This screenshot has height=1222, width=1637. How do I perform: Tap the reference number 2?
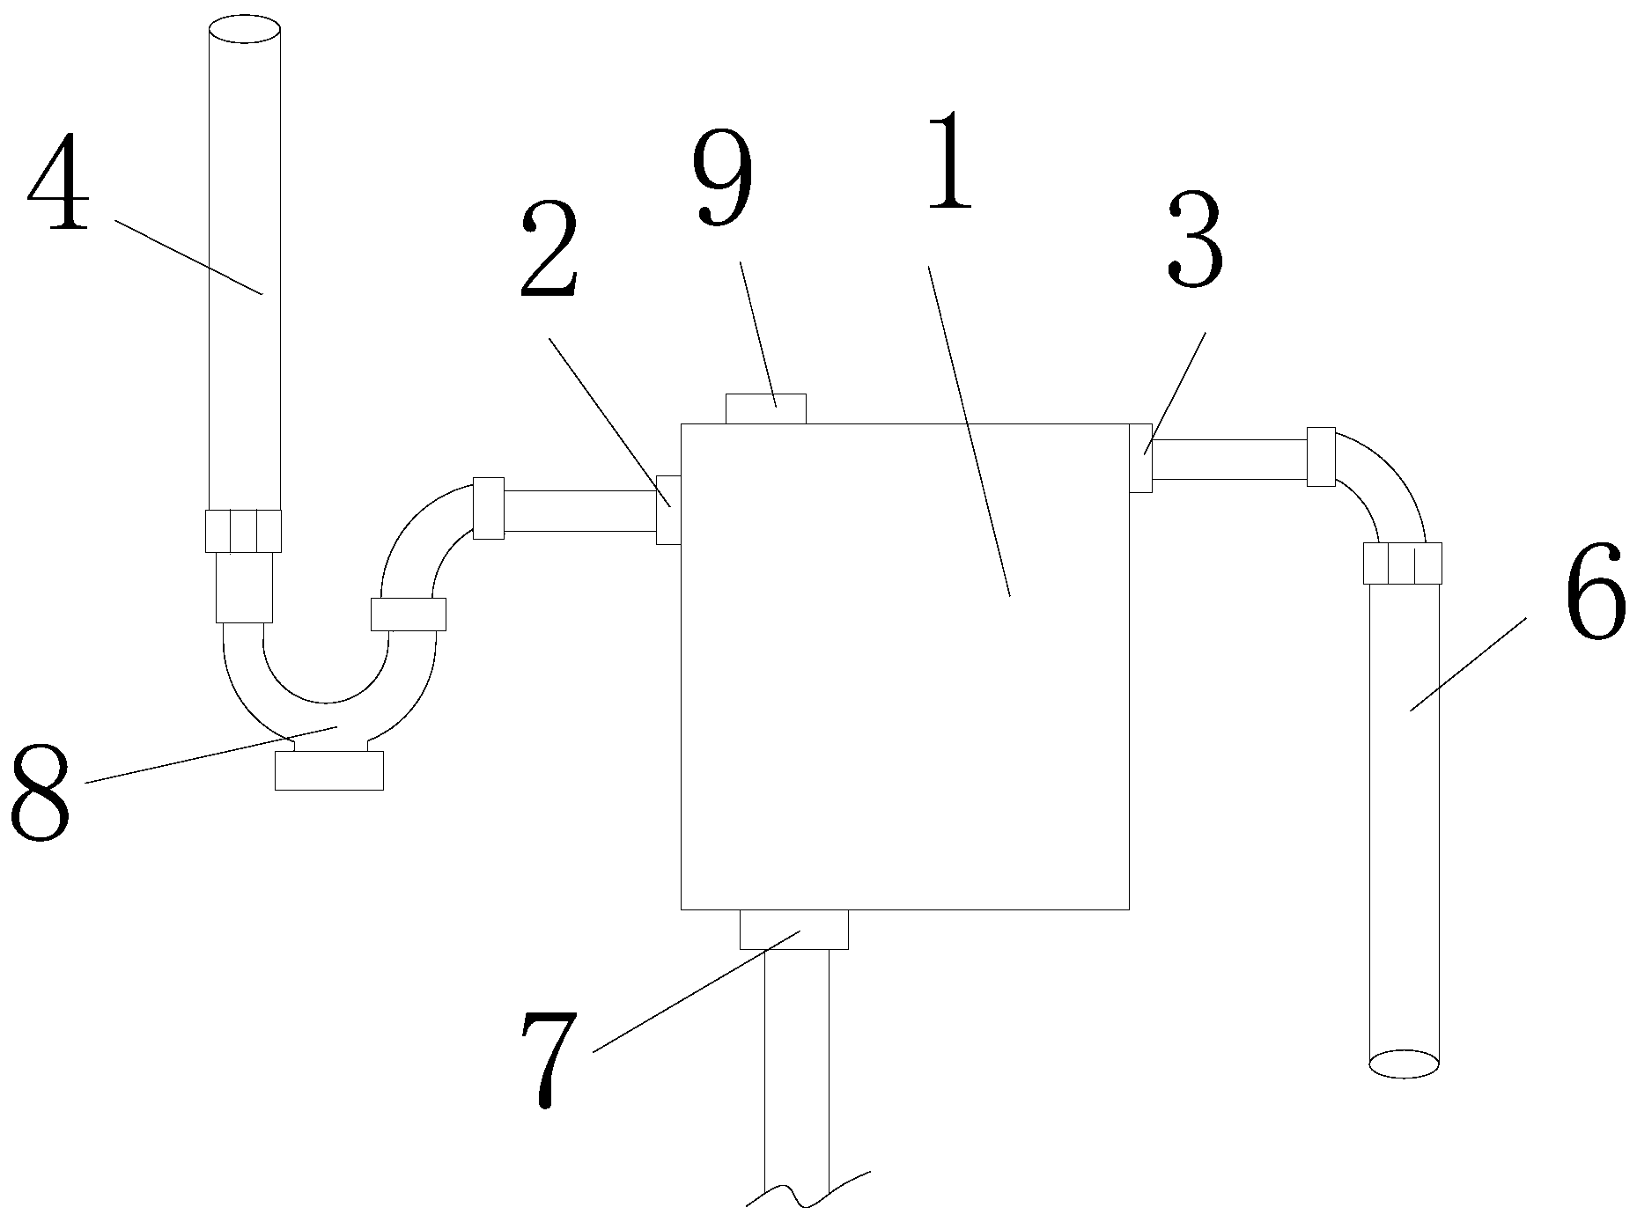549,251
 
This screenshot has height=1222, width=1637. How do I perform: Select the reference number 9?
722,180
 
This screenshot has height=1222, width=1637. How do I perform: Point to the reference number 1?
948,163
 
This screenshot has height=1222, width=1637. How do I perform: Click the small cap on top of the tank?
765,409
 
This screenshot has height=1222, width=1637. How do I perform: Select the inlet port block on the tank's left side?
668,510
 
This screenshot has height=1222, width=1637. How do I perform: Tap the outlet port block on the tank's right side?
1140,458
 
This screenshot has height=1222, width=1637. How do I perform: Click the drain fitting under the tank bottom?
793,930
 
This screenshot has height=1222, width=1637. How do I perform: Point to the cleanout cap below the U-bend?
329,770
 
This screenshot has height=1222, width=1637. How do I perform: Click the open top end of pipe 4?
245,29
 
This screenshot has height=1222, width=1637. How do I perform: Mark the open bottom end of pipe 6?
1404,1063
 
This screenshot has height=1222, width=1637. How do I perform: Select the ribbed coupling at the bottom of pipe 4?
244,531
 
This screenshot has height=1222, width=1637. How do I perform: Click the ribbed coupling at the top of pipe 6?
1403,563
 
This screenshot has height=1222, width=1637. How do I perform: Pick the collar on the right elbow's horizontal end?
1320,456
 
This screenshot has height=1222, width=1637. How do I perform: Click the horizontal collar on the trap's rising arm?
408,614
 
